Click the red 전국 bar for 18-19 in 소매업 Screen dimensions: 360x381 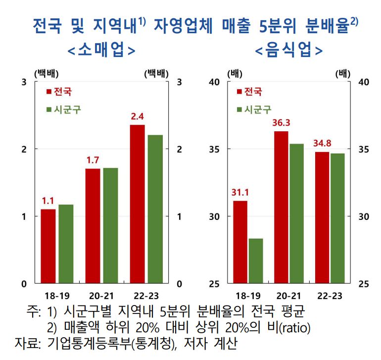(x=48, y=246)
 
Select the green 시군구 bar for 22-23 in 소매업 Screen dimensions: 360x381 (x=155, y=209)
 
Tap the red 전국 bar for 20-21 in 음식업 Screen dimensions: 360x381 (x=281, y=207)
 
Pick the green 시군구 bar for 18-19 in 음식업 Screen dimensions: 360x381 (x=256, y=260)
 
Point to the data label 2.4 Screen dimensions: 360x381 (x=137, y=117)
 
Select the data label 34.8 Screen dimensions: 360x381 (x=322, y=144)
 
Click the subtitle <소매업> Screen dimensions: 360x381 (x=101, y=51)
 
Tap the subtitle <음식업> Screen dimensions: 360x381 (x=289, y=51)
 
